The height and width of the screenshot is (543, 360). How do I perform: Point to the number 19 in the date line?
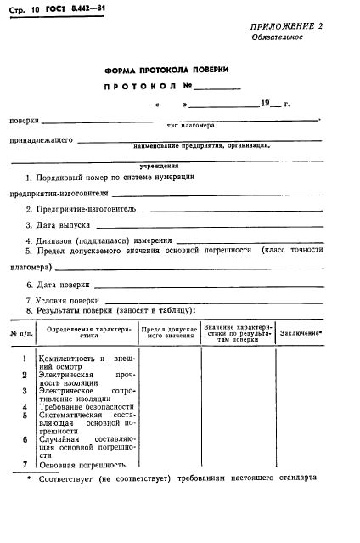point(266,105)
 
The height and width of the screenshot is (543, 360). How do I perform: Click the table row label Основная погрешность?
point(83,465)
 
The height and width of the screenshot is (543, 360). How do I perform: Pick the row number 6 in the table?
point(25,440)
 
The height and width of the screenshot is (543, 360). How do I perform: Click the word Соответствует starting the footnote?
point(69,478)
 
